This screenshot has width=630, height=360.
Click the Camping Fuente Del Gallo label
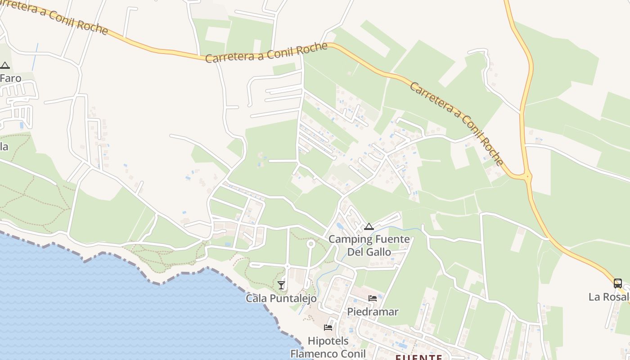coord(369,245)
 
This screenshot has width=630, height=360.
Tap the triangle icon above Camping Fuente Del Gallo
coord(369,226)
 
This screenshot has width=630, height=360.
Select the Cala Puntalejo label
coord(281,298)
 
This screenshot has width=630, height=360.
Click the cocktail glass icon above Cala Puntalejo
coord(281,285)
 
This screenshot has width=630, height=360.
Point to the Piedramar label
coord(373,311)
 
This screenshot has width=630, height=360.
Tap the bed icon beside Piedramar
coord(373,298)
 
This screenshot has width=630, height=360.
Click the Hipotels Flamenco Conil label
coord(328,347)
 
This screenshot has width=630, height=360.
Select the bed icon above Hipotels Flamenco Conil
coord(328,328)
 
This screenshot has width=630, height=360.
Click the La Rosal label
coord(609,297)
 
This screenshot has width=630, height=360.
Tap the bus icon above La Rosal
coord(618,283)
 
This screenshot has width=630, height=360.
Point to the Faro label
coord(10,78)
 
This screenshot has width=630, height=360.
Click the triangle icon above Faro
coord(5,65)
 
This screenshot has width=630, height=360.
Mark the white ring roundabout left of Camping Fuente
coord(310,244)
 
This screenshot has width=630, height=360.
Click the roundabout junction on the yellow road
coord(527,176)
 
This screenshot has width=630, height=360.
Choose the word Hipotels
coord(328,341)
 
